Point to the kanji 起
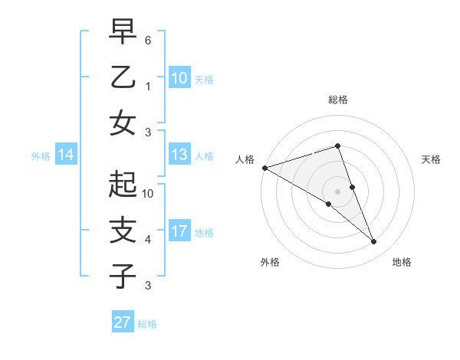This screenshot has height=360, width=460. coord(123,184)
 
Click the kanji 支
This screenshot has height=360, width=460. coord(123,229)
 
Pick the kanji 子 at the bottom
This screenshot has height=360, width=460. coord(123,275)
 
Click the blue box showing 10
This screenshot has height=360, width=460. coord(179,77)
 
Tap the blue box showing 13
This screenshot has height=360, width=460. coord(179,155)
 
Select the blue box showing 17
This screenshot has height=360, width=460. coord(179,231)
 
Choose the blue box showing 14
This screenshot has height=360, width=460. coord(66,155)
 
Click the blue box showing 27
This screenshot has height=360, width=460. coord(123,322)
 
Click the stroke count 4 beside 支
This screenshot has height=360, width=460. coord(148,240)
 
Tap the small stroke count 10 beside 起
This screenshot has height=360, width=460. coord(148,194)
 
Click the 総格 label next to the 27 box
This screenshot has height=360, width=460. coord(147,324)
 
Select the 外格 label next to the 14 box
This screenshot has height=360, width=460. coord(41,156)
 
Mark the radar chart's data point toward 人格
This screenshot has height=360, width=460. coord(264,168)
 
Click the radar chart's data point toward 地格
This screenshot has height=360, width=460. coord(374,242)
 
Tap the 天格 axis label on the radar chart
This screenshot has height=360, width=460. coord(432,159)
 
